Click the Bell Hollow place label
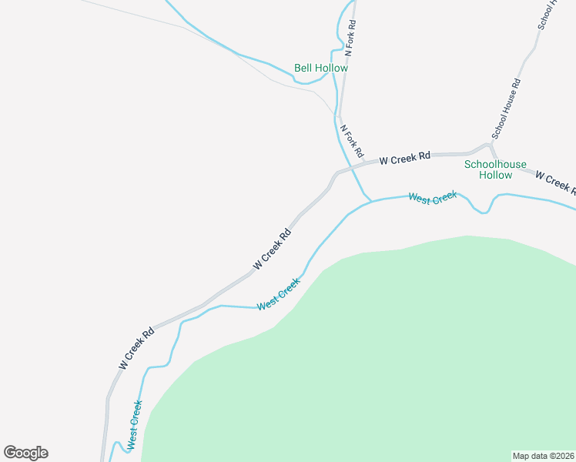click(x=320, y=68)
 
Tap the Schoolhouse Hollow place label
click(x=495, y=169)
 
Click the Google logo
click(x=25, y=453)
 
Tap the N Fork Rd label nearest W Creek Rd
click(x=351, y=139)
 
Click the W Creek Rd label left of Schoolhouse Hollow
click(x=404, y=159)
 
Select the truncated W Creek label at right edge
click(x=554, y=182)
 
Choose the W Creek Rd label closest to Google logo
click(x=136, y=347)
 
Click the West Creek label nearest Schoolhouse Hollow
click(x=433, y=199)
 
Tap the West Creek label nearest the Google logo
click(x=135, y=424)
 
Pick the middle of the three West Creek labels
click(x=278, y=295)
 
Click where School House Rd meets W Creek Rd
click(x=491, y=145)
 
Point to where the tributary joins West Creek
click(x=371, y=201)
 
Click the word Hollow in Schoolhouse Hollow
click(x=495, y=175)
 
